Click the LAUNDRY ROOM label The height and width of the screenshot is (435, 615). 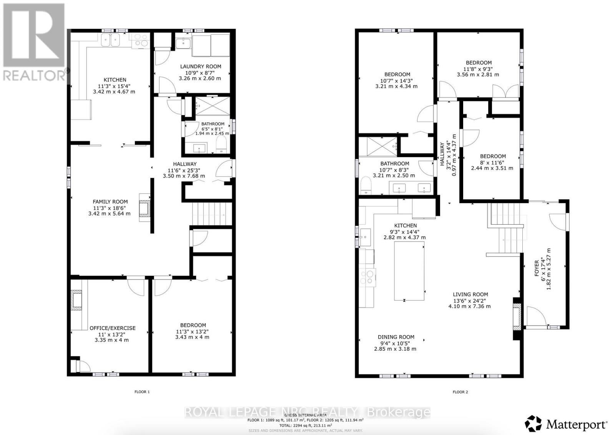[x=200, y=66]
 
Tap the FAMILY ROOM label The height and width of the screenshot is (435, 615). [x=110, y=202]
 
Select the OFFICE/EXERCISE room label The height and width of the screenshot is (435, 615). [x=113, y=328]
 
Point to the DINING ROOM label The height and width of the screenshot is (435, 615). [x=396, y=337]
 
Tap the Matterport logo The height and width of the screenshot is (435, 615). [x=566, y=424]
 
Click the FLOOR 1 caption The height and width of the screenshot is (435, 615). [x=142, y=392]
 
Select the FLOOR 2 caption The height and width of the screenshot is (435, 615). [x=460, y=392]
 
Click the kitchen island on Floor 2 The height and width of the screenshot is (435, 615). [x=409, y=271]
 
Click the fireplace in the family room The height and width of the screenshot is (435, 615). [x=144, y=210]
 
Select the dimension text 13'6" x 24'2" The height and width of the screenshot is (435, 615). [x=470, y=301]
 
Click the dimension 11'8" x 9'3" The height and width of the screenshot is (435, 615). [x=479, y=69]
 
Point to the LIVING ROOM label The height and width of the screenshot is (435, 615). [x=470, y=294]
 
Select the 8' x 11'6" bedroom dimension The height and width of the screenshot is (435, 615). [x=492, y=162]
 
